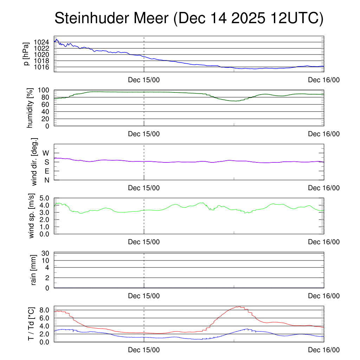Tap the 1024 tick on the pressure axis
(x=42, y=42)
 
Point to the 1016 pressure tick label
(x=42, y=67)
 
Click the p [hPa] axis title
(x=26, y=54)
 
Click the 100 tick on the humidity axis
(x=45, y=90)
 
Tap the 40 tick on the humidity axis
(x=47, y=111)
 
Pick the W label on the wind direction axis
(x=46, y=153)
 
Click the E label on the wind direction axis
(x=46, y=171)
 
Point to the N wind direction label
(x=46, y=180)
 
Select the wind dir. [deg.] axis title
(x=34, y=162)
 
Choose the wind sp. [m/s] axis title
(x=32, y=216)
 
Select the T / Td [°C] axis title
(x=31, y=324)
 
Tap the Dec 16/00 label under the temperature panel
(x=324, y=350)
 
